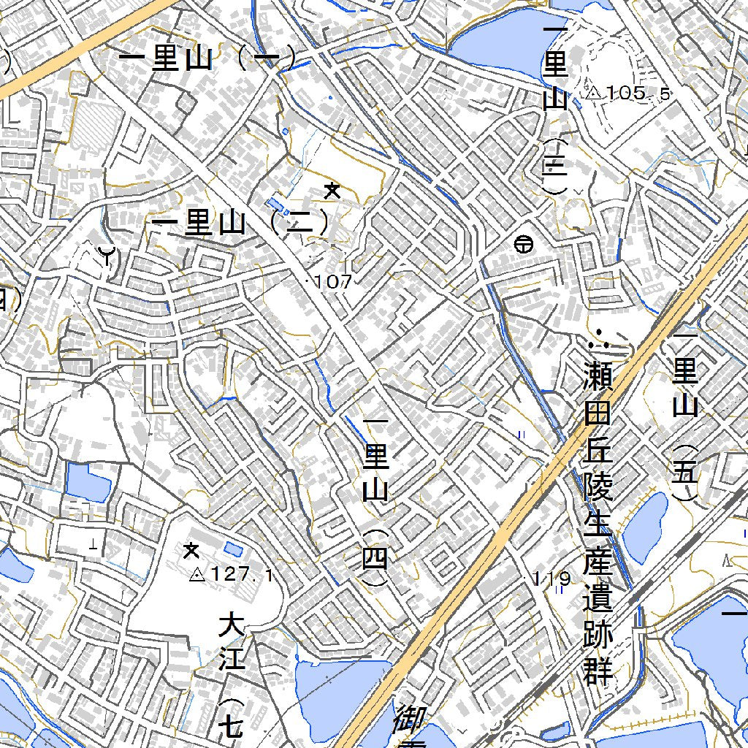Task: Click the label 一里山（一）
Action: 207,58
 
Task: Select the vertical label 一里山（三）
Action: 556,110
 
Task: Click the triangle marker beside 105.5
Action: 593,93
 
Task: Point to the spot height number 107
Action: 335,282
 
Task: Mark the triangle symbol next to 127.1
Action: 196,576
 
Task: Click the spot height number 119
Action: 552,579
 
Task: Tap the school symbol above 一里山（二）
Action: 332,191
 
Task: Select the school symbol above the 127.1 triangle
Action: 191,549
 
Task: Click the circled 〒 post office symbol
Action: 523,245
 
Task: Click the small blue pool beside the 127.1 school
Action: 234,549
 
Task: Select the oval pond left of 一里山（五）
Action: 646,527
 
